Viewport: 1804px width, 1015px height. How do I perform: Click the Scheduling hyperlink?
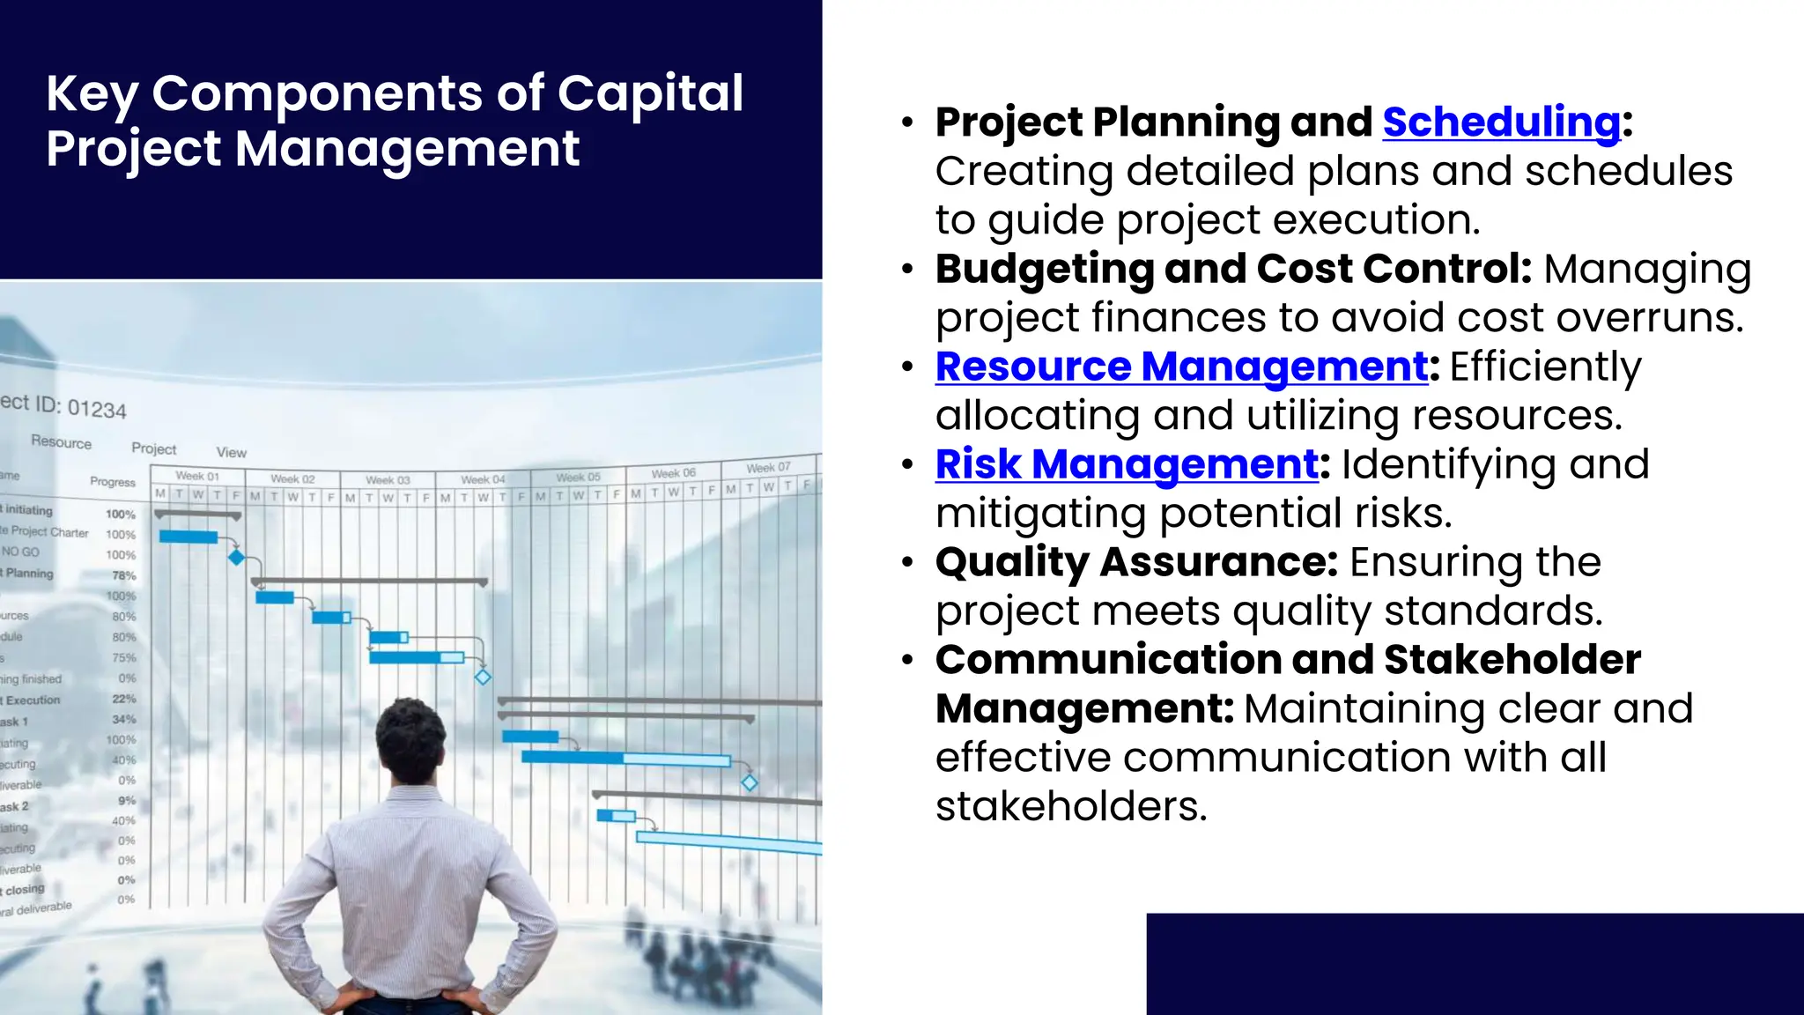tap(1501, 122)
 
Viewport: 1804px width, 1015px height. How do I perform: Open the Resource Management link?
tap(1181, 366)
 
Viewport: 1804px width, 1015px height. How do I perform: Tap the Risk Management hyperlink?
tap(1127, 463)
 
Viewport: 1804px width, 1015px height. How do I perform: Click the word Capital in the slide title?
tap(650, 93)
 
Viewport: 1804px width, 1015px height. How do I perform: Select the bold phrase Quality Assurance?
tap(1136, 561)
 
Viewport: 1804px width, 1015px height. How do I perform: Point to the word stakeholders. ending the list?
tap(1071, 805)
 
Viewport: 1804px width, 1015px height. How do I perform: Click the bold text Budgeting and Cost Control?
tap(1233, 268)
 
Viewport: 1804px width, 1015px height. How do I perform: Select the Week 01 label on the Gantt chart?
tap(197, 476)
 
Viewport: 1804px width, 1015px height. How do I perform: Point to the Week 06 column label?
tap(673, 473)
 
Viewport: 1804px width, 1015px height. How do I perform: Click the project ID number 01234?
tap(97, 409)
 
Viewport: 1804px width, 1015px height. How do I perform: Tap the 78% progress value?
tap(124, 575)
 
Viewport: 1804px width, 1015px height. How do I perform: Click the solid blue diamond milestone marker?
tap(236, 557)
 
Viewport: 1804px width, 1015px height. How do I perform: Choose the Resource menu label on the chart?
tap(61, 442)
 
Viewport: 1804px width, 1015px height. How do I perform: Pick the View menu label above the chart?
tap(232, 452)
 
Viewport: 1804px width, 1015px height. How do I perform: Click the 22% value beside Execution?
tap(124, 699)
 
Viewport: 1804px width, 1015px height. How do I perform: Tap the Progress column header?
tap(113, 482)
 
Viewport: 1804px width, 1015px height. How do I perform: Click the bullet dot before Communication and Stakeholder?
tap(907, 660)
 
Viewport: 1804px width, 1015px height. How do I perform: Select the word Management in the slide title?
tap(407, 148)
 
